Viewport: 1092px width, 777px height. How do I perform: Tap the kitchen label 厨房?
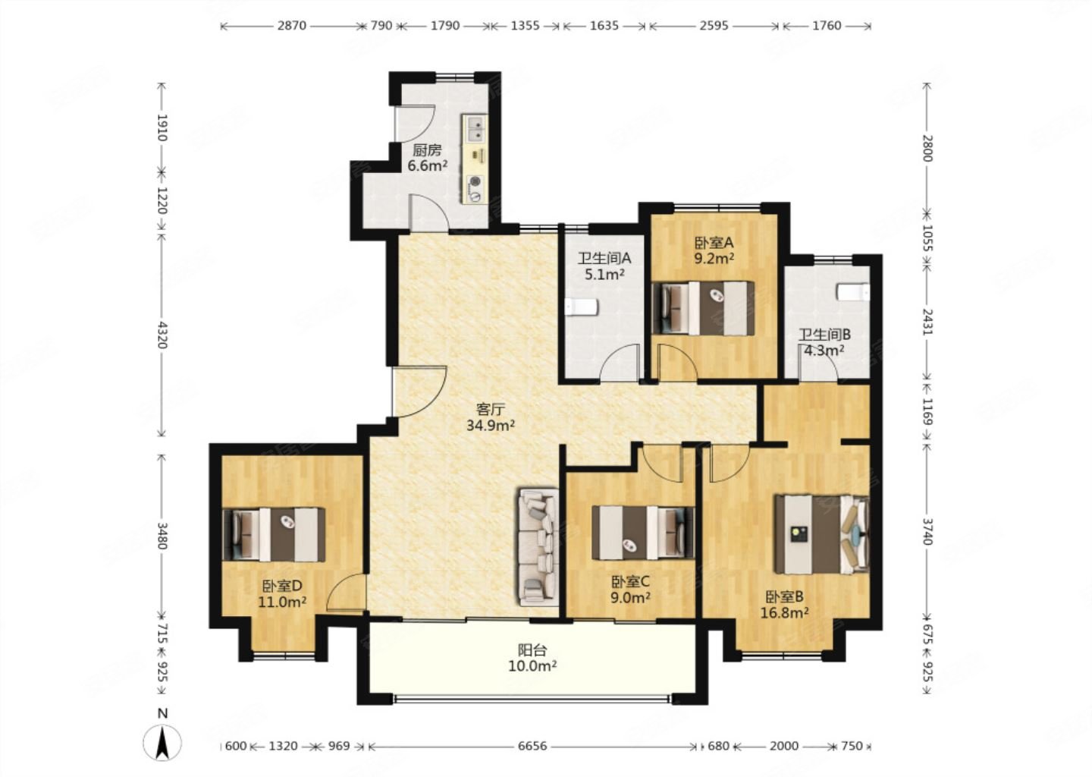click(427, 149)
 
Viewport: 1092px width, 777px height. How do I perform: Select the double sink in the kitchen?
click(475, 128)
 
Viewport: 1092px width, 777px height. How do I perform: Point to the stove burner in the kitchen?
click(475, 189)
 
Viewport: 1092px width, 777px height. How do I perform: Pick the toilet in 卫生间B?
click(853, 291)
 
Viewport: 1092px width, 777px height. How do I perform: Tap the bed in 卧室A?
click(703, 308)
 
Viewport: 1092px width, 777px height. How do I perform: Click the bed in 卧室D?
click(274, 535)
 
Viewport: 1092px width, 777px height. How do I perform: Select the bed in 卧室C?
click(643, 533)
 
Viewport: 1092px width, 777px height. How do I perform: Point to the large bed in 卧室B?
click(822, 535)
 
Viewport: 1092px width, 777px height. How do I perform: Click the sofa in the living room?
click(538, 547)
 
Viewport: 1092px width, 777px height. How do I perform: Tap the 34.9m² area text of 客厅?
click(491, 426)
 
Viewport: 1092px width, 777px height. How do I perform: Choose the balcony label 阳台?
click(532, 650)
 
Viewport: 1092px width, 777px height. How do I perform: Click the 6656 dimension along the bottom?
click(532, 746)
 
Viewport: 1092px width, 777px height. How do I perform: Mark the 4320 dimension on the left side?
click(162, 335)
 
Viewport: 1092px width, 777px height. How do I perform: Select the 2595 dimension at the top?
click(714, 25)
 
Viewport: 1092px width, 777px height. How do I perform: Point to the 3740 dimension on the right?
click(927, 532)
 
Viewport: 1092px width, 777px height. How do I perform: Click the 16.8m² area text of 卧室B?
click(784, 612)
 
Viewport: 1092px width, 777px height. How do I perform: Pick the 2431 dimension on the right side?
click(927, 322)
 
